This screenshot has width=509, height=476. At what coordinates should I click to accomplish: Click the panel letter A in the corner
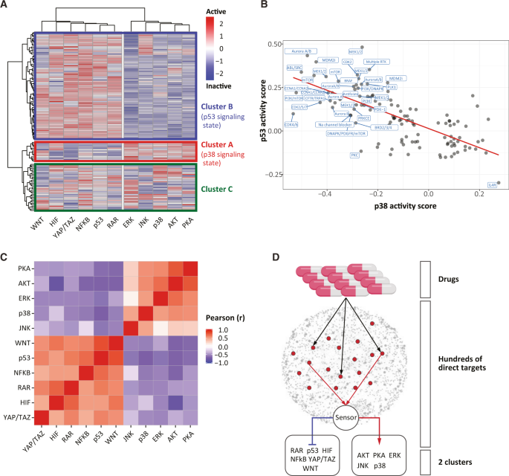pyautogui.click(x=5, y=6)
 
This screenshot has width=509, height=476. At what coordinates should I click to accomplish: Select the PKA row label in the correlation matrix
pyautogui.click(x=25, y=268)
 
